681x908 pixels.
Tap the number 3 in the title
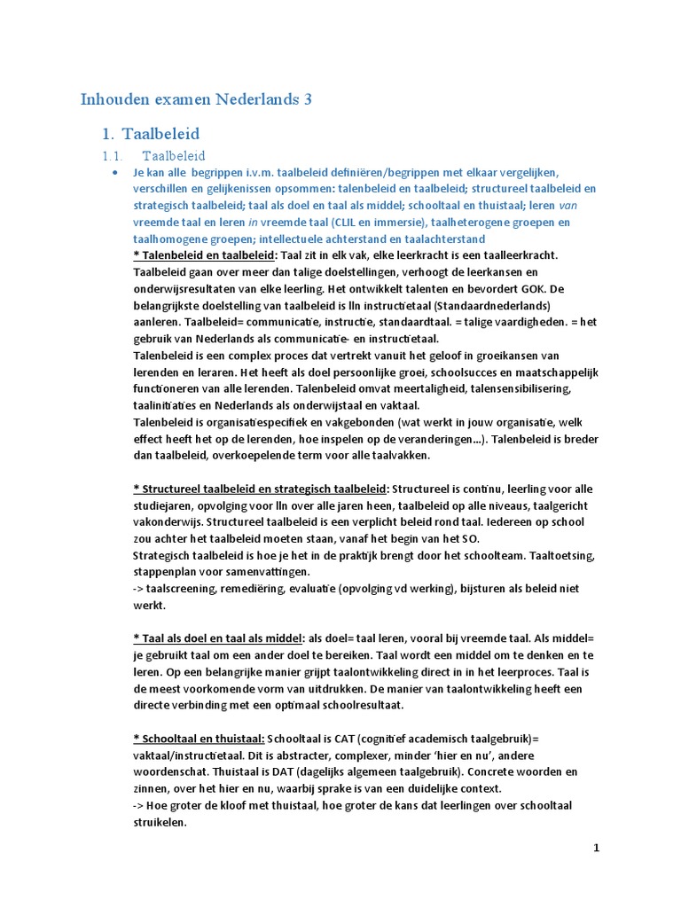pyautogui.click(x=308, y=98)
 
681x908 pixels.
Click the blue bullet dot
pyautogui.click(x=115, y=172)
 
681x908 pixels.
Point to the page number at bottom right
pyautogui.click(x=597, y=848)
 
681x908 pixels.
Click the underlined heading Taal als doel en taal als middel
pyautogui.click(x=216, y=638)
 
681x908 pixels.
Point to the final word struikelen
pyautogui.click(x=160, y=823)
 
